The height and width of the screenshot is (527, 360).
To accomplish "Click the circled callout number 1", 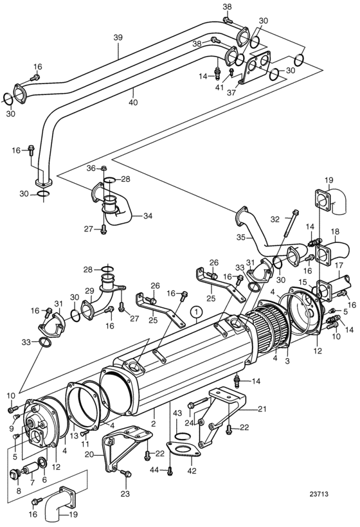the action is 197,312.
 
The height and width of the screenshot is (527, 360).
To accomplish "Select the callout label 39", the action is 118,37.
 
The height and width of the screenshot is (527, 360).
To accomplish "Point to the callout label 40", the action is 133,102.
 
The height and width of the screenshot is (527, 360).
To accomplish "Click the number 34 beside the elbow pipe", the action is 148,215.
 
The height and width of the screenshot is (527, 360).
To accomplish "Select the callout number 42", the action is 192,471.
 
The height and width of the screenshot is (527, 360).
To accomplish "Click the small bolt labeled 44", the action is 170,472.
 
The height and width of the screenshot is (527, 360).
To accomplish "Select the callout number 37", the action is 231,93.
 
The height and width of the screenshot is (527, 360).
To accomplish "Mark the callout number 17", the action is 338,265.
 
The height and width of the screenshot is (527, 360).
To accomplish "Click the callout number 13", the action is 74,436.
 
